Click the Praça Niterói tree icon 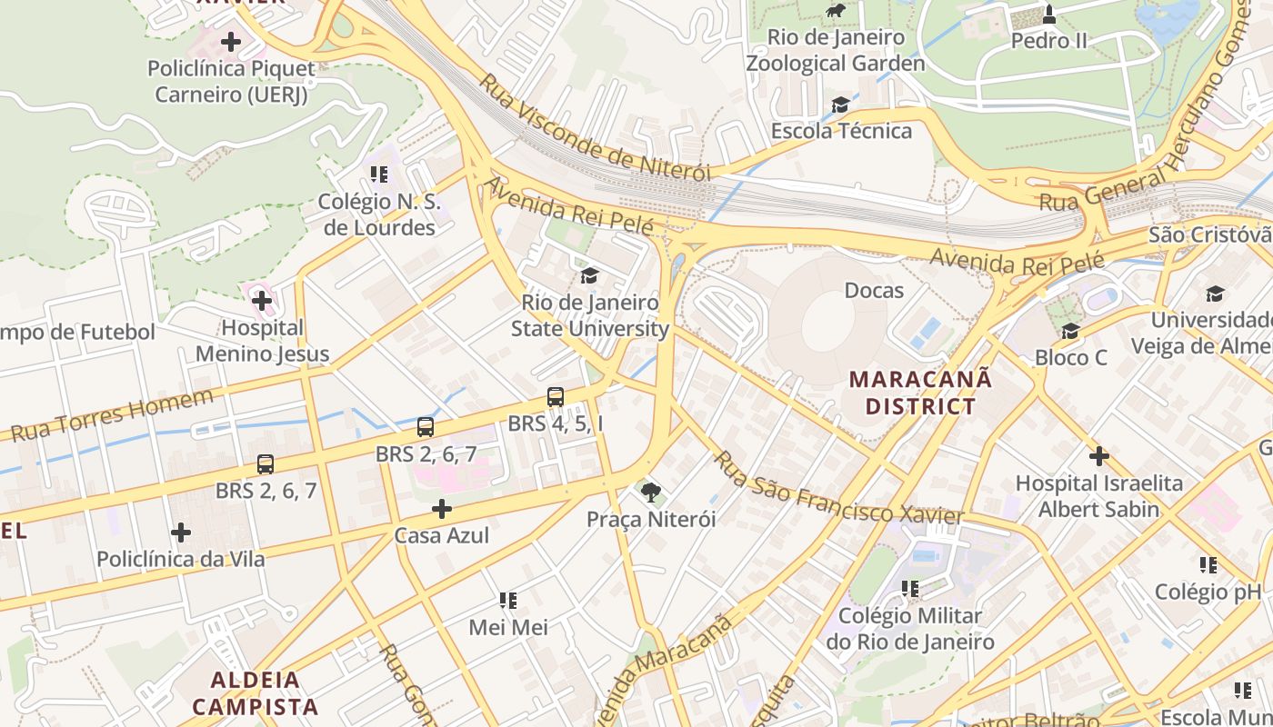pyautogui.click(x=650, y=493)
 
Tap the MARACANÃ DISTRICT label pyautogui.click(x=919, y=392)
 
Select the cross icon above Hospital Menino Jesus pyautogui.click(x=262, y=300)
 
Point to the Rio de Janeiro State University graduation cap pyautogui.click(x=589, y=275)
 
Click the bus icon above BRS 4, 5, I pyautogui.click(x=555, y=397)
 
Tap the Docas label pyautogui.click(x=874, y=290)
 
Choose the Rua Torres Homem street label pyautogui.click(x=113, y=414)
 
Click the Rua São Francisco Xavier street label pyautogui.click(x=837, y=490)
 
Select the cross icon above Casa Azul pyautogui.click(x=442, y=509)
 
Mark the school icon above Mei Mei pyautogui.click(x=508, y=601)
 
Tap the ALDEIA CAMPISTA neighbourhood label pyautogui.click(x=256, y=692)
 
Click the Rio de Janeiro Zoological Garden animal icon pyautogui.click(x=835, y=11)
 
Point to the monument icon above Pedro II pyautogui.click(x=1048, y=15)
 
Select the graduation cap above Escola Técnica pyautogui.click(x=840, y=105)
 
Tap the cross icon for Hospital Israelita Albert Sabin pyautogui.click(x=1098, y=455)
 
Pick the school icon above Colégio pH pyautogui.click(x=1208, y=565)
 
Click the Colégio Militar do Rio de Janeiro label pyautogui.click(x=910, y=628)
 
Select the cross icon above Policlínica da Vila pyautogui.click(x=181, y=532)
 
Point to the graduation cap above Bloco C pyautogui.click(x=1070, y=331)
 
